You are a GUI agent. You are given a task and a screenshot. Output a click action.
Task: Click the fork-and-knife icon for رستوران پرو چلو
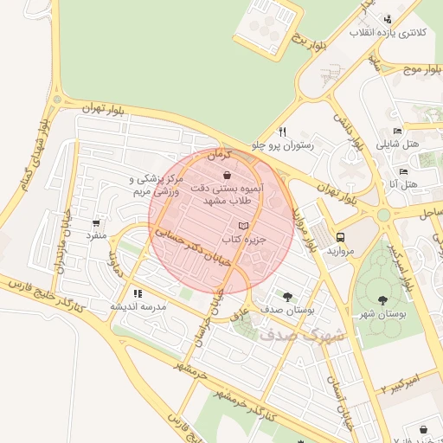pos(282,132)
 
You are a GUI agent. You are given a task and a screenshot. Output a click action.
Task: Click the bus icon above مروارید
pos(341,235)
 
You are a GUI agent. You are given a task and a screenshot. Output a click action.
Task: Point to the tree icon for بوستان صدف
pos(287,295)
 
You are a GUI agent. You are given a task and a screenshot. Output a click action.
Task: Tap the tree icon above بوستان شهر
pos(382,300)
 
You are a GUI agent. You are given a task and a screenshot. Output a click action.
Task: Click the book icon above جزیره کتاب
pos(242,225)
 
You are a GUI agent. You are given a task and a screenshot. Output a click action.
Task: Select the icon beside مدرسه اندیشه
pos(138,293)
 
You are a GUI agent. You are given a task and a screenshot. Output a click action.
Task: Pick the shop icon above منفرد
pos(95,221)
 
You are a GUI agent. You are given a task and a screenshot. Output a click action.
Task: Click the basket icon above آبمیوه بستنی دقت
pos(227,175)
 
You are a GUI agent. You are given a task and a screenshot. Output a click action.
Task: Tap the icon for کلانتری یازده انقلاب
pos(387,19)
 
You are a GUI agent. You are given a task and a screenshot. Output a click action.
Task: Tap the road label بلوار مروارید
pos(303,227)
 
